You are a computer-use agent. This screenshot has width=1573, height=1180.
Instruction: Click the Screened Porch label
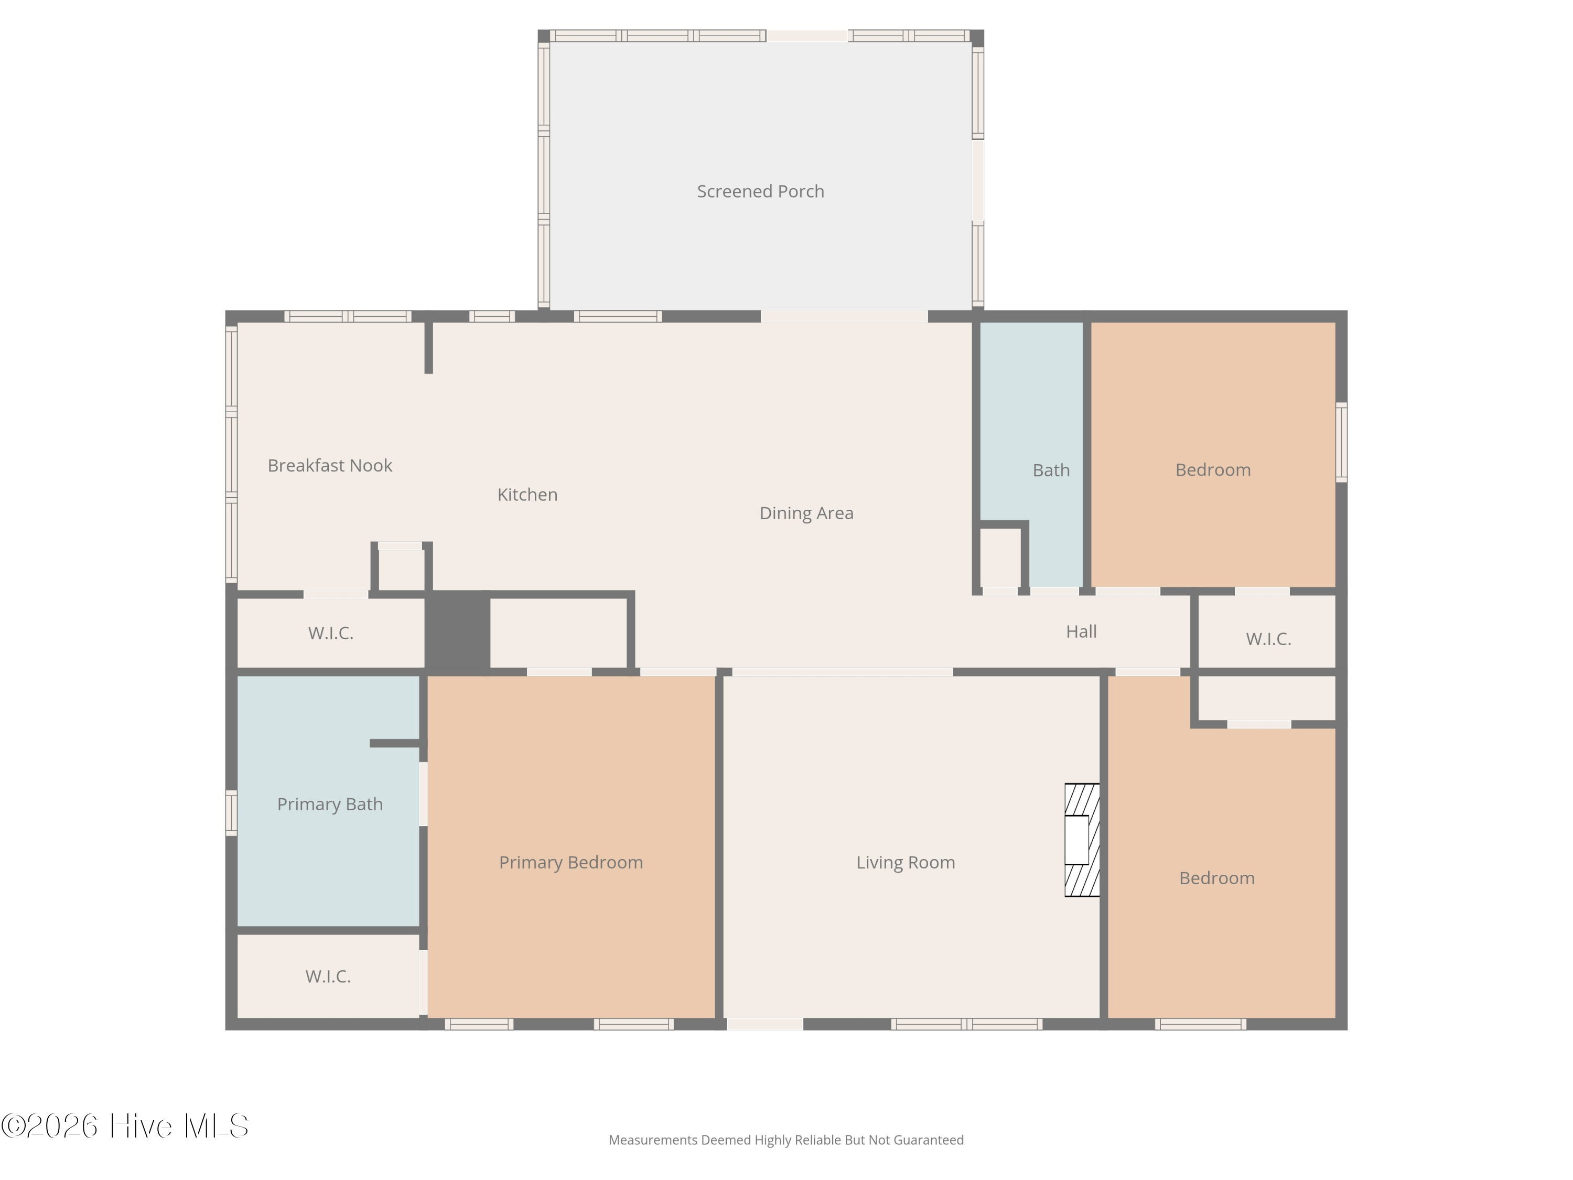(x=760, y=191)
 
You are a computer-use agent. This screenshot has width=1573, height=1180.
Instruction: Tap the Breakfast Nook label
(x=329, y=465)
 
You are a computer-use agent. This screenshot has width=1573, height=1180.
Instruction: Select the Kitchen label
(x=527, y=495)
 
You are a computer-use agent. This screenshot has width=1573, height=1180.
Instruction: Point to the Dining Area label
(x=806, y=513)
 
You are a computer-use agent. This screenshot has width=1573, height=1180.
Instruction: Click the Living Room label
(x=905, y=862)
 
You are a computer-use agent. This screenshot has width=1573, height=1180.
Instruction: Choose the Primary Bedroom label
(x=570, y=862)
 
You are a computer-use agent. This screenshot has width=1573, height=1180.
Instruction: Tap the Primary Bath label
(x=329, y=804)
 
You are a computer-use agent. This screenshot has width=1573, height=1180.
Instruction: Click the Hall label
(x=1081, y=631)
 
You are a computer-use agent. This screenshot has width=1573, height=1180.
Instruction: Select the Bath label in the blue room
(x=1050, y=470)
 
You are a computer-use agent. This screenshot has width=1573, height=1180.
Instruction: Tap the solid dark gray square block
(x=457, y=630)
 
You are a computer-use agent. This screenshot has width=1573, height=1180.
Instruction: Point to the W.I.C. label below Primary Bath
(x=328, y=976)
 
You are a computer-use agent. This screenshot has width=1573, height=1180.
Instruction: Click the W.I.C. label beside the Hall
(x=1268, y=639)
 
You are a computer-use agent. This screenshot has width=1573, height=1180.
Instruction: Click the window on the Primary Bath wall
(x=231, y=812)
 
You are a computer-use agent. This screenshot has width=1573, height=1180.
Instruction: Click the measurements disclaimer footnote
(x=786, y=1140)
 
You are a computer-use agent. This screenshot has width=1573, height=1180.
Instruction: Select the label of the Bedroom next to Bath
(x=1212, y=469)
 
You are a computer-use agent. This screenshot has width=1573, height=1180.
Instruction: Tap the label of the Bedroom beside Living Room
(x=1216, y=878)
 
